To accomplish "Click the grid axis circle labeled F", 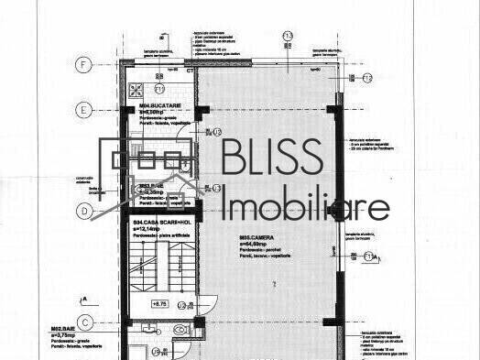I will click(85, 65).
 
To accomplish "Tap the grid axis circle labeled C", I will click(85, 322).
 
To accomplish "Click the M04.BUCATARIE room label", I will click(150, 107).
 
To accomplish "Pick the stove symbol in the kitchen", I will click(138, 90).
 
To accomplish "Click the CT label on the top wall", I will click(190, 70).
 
